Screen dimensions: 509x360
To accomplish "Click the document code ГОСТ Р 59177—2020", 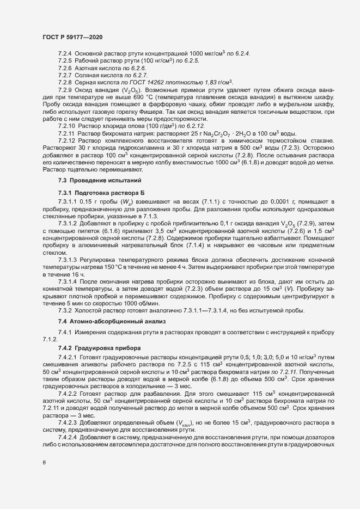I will [72, 37].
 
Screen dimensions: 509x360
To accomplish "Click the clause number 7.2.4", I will [65, 53].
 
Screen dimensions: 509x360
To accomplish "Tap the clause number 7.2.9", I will [65, 89].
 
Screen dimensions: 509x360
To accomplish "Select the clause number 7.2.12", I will [66, 140].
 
